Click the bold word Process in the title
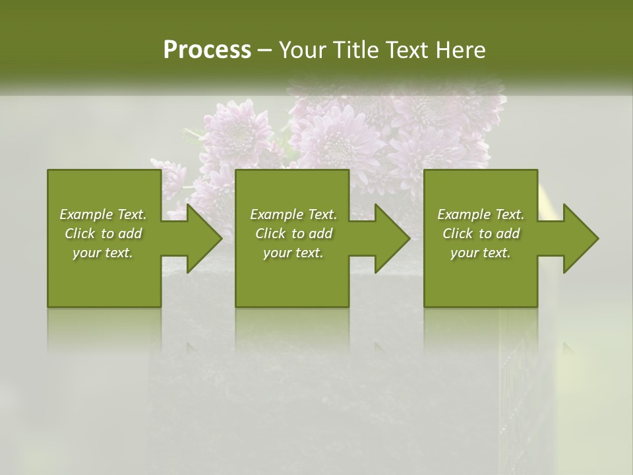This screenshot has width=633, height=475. tap(207, 50)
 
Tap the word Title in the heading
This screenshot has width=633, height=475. tap(355, 50)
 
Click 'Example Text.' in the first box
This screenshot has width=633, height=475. tap(103, 214)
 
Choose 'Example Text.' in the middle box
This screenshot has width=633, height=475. tap(293, 214)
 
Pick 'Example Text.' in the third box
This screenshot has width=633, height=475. tap(481, 214)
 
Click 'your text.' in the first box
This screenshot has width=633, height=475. tap(103, 253)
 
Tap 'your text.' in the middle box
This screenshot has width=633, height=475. tap(293, 253)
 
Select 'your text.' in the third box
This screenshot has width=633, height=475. tap(481, 253)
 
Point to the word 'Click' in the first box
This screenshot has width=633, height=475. tap(79, 234)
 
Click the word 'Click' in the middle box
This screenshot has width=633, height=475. tap(270, 234)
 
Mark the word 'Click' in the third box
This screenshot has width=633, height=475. tap(457, 234)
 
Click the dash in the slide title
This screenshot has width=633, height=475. tap(264, 51)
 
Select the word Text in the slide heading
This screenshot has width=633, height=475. tap(407, 50)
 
